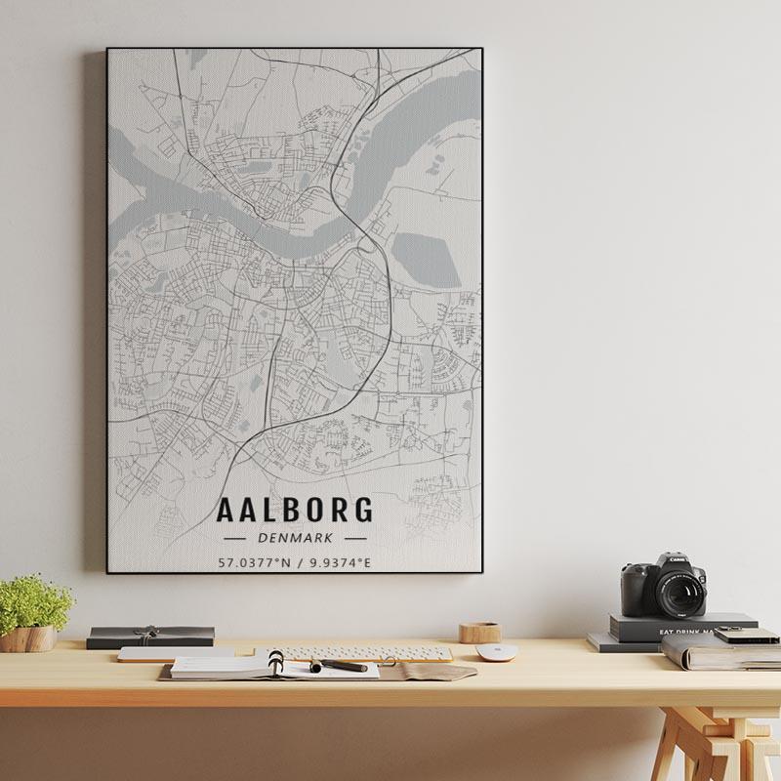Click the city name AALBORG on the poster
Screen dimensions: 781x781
coord(294,510)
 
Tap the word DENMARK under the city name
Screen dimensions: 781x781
coord(295,538)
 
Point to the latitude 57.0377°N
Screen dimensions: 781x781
coord(254,562)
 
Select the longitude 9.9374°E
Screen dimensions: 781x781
coord(340,562)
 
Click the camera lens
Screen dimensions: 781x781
coord(679,593)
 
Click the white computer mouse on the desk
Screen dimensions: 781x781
coord(496,651)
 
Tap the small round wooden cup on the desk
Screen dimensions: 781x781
coord(479,632)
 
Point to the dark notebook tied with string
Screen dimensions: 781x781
coord(150,636)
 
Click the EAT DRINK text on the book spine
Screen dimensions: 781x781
coord(683,633)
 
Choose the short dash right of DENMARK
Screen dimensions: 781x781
coord(355,538)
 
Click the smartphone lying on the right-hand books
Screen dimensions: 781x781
coord(747,635)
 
